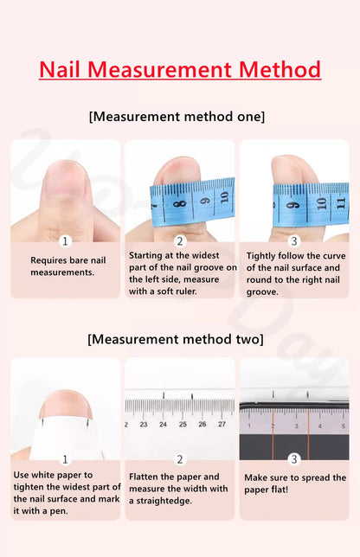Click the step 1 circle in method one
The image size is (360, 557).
pyautogui.click(x=65, y=241)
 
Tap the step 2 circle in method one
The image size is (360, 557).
pyautogui.click(x=180, y=241)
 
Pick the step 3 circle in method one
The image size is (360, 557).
pyautogui.click(x=294, y=241)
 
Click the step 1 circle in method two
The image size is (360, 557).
pyautogui.click(x=65, y=459)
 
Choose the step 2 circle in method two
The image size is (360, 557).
pyautogui.click(x=180, y=459)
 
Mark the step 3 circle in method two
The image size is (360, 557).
pyautogui.click(x=294, y=459)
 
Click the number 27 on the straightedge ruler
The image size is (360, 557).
pyautogui.click(x=222, y=425)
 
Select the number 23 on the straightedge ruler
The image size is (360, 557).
pyautogui.click(x=143, y=425)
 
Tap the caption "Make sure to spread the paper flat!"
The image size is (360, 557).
pyautogui.click(x=294, y=483)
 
